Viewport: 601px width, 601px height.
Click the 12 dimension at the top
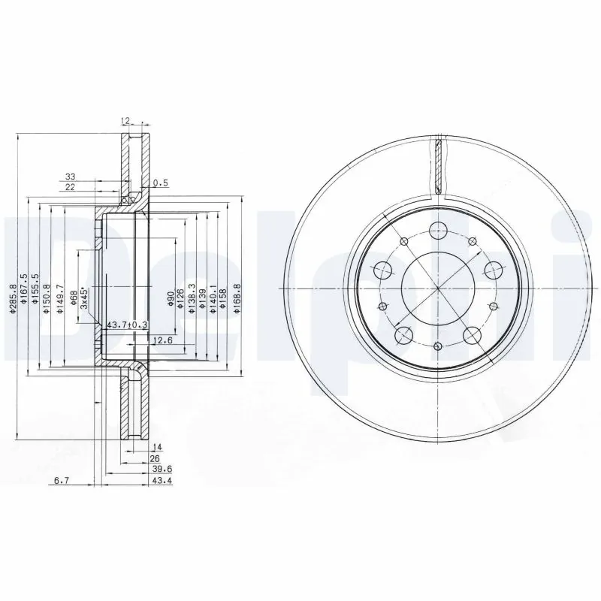tap(125, 120)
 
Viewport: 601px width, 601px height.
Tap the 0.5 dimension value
tap(160, 183)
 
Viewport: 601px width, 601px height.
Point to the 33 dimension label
tap(69, 177)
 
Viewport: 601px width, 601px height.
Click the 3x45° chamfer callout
tap(85, 299)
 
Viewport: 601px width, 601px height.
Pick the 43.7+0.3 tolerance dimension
tap(128, 324)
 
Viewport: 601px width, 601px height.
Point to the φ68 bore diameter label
tap(74, 300)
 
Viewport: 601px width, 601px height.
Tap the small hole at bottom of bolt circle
tap(437, 346)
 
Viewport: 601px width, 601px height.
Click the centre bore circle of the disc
tap(437, 288)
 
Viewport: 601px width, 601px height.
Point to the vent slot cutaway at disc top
tap(437, 164)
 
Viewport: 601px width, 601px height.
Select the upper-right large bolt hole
tap(493, 268)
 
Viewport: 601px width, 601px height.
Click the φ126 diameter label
tap(181, 299)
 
